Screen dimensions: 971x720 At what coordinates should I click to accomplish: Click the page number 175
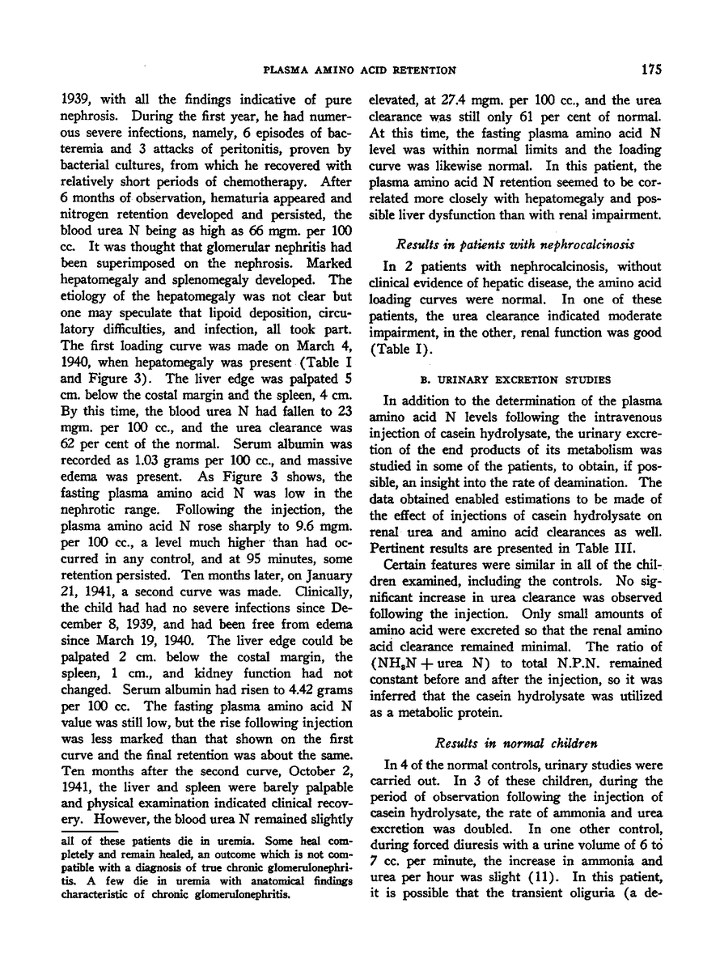point(652,70)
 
